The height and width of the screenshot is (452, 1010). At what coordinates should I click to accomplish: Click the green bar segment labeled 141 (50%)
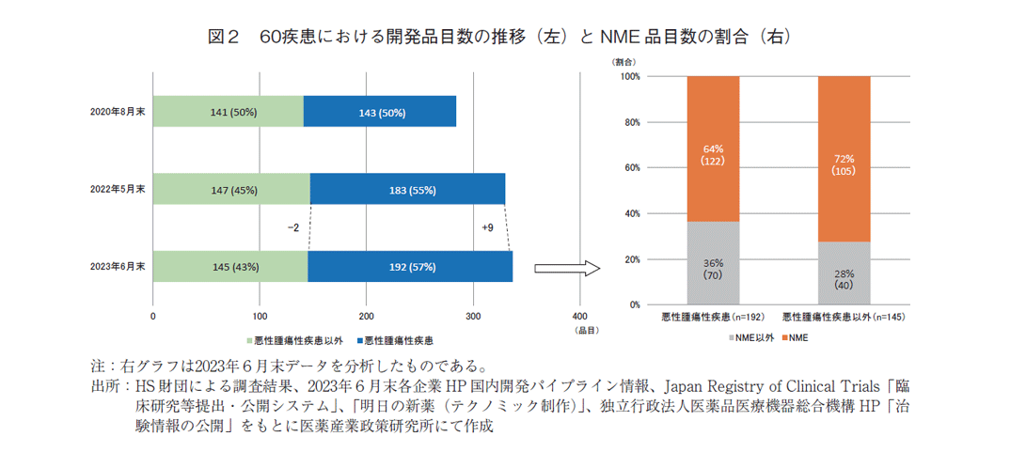(x=228, y=111)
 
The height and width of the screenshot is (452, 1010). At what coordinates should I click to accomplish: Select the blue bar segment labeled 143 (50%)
(x=380, y=111)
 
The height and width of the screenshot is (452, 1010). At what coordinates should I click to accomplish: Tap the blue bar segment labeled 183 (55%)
(x=407, y=189)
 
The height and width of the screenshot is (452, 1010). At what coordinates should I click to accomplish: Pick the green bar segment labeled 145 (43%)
(x=229, y=267)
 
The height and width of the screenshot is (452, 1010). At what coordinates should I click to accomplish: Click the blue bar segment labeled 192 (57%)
(x=410, y=267)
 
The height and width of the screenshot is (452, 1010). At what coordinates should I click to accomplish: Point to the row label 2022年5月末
(x=118, y=189)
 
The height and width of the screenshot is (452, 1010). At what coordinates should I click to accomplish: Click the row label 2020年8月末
(x=118, y=111)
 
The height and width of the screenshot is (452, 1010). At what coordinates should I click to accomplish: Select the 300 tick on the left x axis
(x=474, y=316)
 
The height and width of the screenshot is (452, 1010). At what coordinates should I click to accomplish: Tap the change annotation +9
(x=487, y=227)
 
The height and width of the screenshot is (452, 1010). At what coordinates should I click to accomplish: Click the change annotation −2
(x=293, y=227)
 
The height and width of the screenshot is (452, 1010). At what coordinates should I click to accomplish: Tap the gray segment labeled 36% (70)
(x=713, y=264)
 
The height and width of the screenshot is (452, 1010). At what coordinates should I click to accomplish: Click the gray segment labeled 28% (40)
(x=844, y=273)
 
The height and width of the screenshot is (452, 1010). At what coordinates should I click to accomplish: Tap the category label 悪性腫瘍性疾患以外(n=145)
(x=844, y=318)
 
